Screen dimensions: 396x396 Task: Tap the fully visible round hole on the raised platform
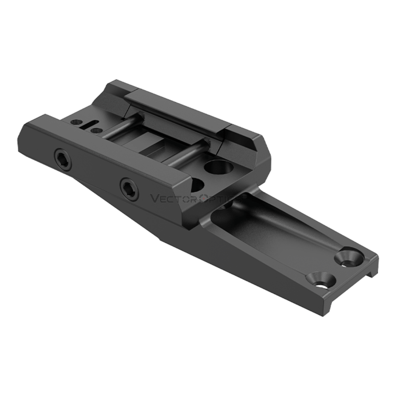click(x=215, y=166)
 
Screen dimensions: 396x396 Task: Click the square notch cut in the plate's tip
click(x=370, y=273)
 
